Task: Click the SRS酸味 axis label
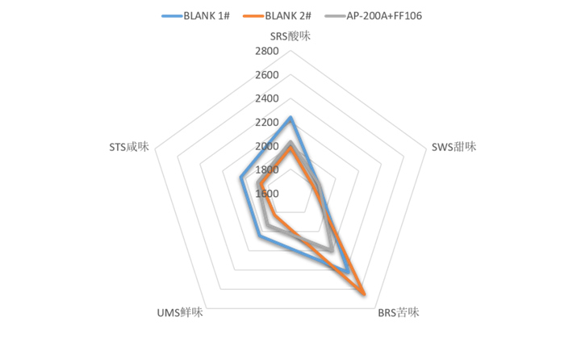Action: click(x=290, y=36)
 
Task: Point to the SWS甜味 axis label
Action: click(x=454, y=147)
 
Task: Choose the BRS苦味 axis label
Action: click(x=399, y=312)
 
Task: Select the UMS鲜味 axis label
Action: click(x=180, y=312)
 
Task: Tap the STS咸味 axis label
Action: click(x=129, y=147)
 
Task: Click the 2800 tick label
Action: click(x=266, y=52)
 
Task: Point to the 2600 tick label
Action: click(x=266, y=75)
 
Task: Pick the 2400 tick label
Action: click(x=266, y=98)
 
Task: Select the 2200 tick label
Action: click(x=266, y=123)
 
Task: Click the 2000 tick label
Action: click(x=266, y=146)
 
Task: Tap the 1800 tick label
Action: click(x=266, y=170)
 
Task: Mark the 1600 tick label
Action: click(x=266, y=194)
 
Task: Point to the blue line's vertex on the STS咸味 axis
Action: click(x=240, y=178)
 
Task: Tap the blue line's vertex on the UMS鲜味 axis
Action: click(x=259, y=237)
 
